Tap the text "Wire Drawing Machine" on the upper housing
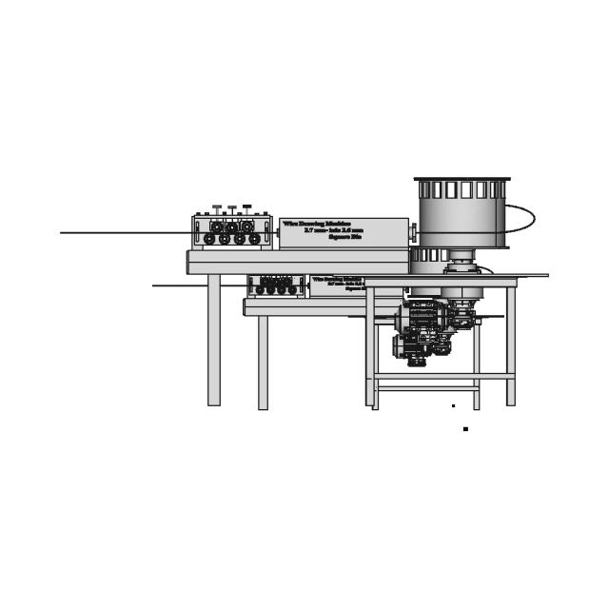click(x=317, y=224)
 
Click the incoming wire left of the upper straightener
click(x=124, y=232)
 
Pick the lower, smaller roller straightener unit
click(x=276, y=285)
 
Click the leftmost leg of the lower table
click(x=263, y=362)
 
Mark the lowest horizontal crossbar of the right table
click(x=426, y=388)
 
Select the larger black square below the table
click(x=465, y=429)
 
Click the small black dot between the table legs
click(x=453, y=406)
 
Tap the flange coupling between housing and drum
click(x=412, y=232)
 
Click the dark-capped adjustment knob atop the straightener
click(x=246, y=206)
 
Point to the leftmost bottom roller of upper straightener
click(x=209, y=239)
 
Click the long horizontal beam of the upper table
click(x=297, y=261)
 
